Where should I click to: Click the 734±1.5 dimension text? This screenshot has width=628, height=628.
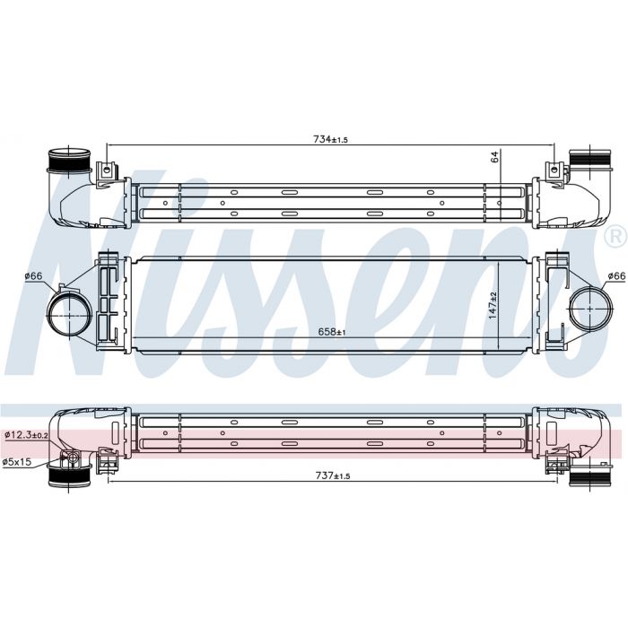(330, 139)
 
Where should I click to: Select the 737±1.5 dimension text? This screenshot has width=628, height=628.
(333, 475)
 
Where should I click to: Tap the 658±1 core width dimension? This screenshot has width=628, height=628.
(332, 332)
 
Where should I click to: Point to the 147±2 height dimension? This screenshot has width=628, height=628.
(493, 305)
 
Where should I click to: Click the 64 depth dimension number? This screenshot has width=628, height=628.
(495, 157)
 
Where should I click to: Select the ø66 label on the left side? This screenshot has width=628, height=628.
(33, 276)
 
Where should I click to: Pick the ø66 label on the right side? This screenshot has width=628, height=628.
(616, 276)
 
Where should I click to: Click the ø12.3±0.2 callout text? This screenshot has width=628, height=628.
(26, 435)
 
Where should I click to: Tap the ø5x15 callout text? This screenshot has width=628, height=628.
(17, 462)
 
